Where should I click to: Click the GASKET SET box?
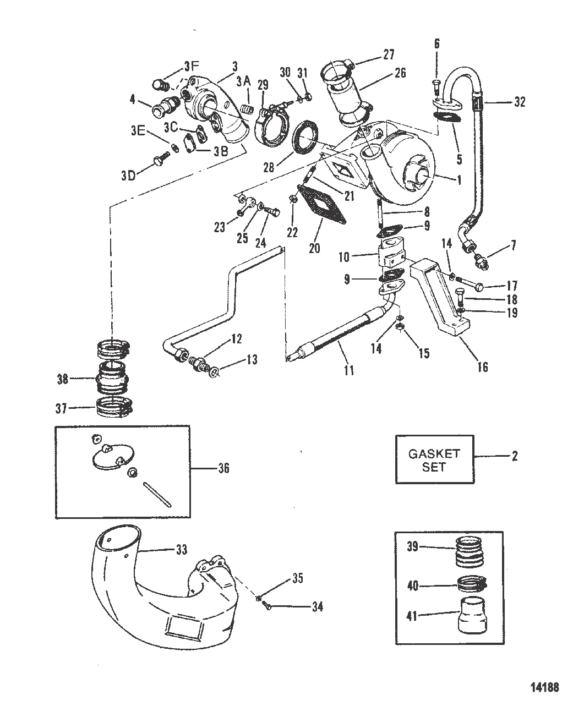(434, 459)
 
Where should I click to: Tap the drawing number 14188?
(544, 686)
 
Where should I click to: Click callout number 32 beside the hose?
(519, 102)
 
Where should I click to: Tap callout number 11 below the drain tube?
(348, 370)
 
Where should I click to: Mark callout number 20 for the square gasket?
(314, 248)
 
